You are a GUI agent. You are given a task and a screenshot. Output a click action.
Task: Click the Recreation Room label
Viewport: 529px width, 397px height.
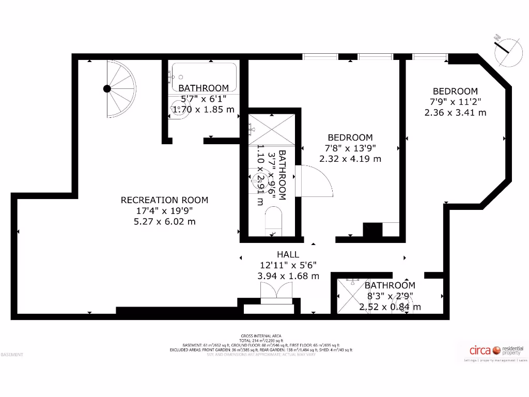pyautogui.click(x=164, y=200)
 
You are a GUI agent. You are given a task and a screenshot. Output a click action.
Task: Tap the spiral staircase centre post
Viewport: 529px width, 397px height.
pyautogui.click(x=107, y=88)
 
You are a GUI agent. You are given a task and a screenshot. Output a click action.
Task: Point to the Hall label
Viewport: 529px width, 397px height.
pyautogui.click(x=288, y=254)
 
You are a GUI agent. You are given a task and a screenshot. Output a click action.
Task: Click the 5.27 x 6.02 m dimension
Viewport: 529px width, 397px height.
pyautogui.click(x=164, y=222)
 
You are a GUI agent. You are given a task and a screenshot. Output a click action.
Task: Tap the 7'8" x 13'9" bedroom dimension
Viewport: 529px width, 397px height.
pyautogui.click(x=350, y=148)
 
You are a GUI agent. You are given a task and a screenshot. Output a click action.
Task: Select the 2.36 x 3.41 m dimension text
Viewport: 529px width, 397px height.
pyautogui.click(x=455, y=112)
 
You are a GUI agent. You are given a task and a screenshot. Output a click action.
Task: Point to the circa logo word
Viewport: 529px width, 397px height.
pyautogui.click(x=480, y=350)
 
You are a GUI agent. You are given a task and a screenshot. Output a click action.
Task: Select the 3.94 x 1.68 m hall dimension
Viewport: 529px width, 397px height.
pyautogui.click(x=288, y=276)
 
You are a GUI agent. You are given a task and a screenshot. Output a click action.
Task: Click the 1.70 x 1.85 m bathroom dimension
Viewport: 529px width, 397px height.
pyautogui.click(x=203, y=110)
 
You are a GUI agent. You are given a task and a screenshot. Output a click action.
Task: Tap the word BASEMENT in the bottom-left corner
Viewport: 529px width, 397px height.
pyautogui.click(x=12, y=355)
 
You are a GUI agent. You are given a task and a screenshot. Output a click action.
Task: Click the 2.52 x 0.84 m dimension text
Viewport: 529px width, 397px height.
pyautogui.click(x=390, y=307)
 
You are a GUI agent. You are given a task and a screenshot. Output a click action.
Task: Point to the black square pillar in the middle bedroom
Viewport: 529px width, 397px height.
pyautogui.click(x=371, y=230)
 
